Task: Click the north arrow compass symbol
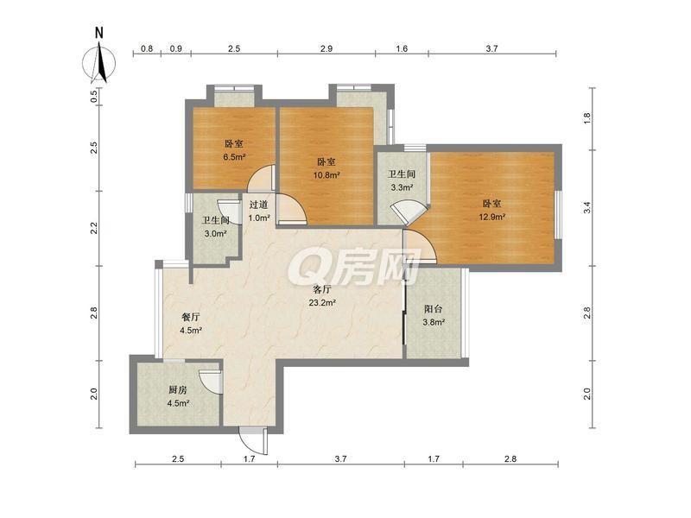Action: pos(99,62)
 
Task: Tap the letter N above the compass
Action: pos(99,33)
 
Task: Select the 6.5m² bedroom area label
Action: pos(234,156)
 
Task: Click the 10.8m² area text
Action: pos(326,175)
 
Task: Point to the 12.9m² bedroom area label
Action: pos(491,217)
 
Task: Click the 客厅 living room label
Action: pos(322,289)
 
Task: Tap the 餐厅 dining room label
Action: pos(191,317)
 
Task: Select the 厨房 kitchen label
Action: pos(178,390)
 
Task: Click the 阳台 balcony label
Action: pos(434,309)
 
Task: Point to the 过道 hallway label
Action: pos(258,205)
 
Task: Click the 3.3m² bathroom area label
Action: pos(402,187)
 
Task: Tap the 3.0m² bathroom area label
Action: pos(215,233)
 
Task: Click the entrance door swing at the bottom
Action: pos(252,440)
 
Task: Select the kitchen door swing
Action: pos(210,381)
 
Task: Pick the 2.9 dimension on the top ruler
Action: pos(326,48)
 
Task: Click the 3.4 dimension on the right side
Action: pos(586,207)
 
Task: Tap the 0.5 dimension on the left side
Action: pos(93,96)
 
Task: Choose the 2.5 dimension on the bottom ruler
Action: pos(178,459)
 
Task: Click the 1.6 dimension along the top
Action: pos(402,48)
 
